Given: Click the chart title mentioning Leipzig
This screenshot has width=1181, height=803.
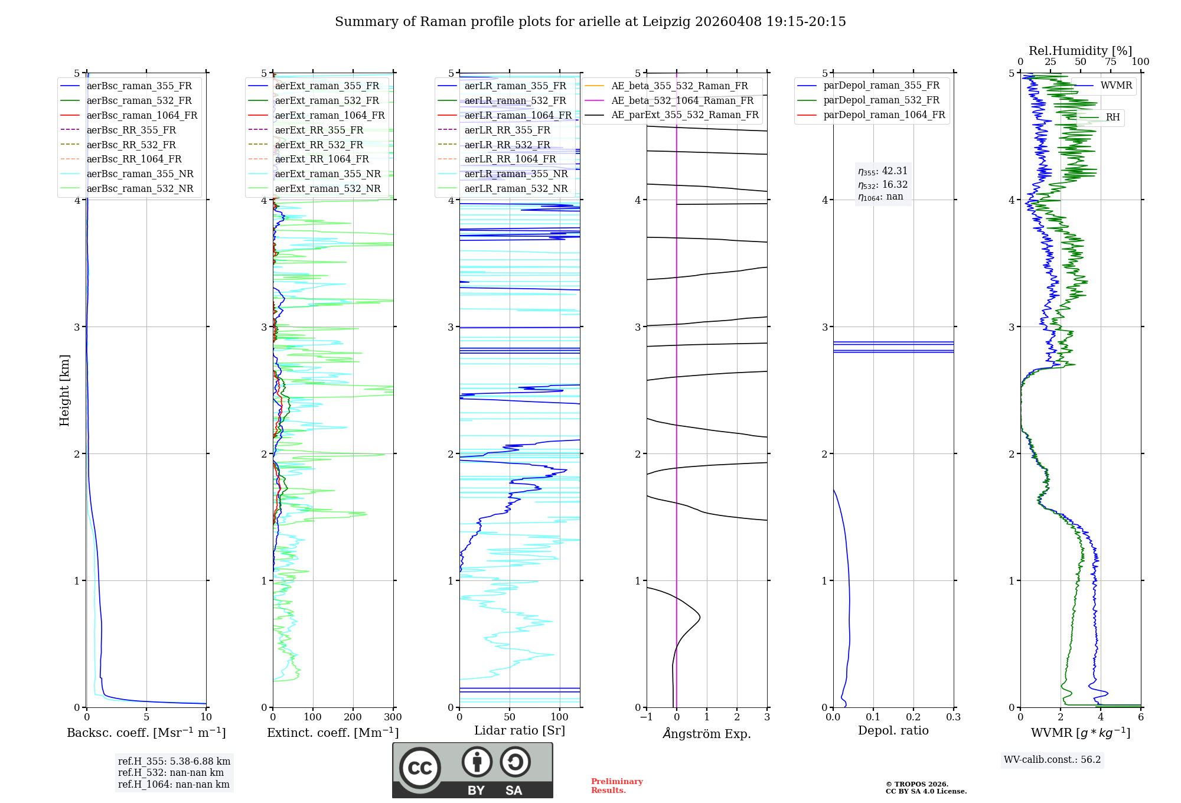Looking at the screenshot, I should [x=590, y=22].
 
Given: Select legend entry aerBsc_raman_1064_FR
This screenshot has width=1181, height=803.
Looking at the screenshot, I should [x=142, y=116].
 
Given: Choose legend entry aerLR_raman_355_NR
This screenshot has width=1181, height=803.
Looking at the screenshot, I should [x=516, y=174].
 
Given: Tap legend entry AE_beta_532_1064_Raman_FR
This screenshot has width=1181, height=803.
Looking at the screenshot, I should [x=682, y=101].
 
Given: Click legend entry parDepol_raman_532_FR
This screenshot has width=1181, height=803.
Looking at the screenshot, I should [x=881, y=100].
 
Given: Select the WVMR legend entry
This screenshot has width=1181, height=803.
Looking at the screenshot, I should [x=1116, y=86].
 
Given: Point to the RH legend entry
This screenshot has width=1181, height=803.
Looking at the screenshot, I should [x=1113, y=117].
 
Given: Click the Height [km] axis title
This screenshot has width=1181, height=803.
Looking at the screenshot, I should [x=64, y=390].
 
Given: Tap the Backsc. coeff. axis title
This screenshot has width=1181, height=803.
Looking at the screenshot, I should [x=146, y=733].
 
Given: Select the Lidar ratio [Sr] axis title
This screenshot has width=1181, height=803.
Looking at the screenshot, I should [x=520, y=731].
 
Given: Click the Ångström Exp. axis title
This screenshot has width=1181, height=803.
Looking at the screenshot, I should [x=707, y=734].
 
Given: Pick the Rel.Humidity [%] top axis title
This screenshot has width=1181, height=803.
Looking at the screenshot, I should [x=1080, y=51].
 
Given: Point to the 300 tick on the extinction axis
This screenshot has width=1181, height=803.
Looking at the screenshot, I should [x=393, y=717].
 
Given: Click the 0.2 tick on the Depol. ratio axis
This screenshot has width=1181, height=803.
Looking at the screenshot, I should [x=914, y=717].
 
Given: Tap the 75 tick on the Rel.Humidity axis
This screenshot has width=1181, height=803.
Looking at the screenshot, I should [x=1111, y=62].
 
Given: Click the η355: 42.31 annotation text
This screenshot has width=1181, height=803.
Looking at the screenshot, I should [x=883, y=171].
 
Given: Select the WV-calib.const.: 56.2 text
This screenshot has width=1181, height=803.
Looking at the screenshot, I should [x=1052, y=760].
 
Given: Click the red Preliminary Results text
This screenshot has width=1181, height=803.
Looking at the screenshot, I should [x=616, y=786].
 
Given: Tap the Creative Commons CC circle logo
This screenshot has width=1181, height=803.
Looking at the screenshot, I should [x=420, y=768].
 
